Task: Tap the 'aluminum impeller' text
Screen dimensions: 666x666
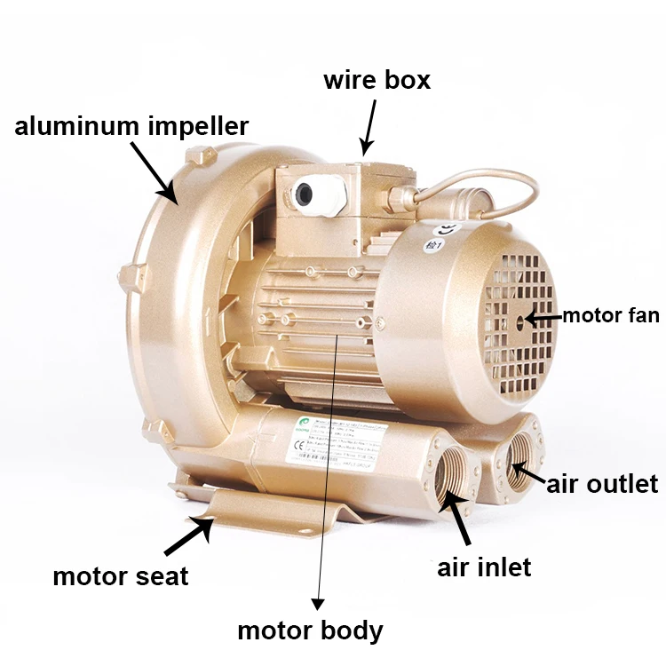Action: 131,125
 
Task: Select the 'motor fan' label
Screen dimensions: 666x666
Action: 611,315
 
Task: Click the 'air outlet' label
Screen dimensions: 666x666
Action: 602,483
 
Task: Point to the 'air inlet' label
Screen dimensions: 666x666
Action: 484,567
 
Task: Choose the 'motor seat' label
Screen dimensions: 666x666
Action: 120,576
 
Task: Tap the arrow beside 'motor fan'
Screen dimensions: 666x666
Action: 543,316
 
